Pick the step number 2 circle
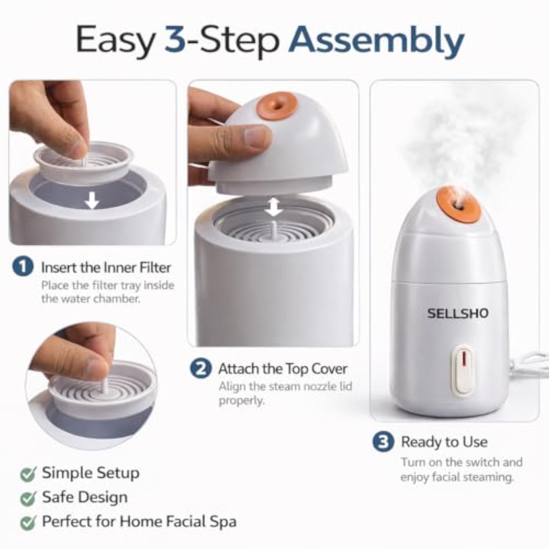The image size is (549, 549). (x=201, y=369)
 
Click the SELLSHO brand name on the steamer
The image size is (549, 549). (x=458, y=313)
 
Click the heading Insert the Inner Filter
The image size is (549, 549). (x=106, y=267)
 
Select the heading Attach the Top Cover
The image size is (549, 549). (x=283, y=369)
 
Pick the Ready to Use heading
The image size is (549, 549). (x=444, y=442)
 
